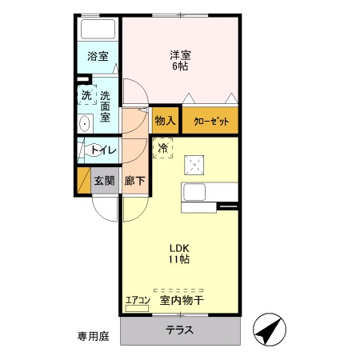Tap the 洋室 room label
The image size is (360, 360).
[x=180, y=55]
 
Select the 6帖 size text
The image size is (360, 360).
[x=180, y=66]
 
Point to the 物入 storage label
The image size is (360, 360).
[x=165, y=121]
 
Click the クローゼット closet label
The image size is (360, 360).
[x=210, y=121]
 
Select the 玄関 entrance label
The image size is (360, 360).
[x=104, y=181]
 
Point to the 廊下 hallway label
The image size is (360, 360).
[x=135, y=181]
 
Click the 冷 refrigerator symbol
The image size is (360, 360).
[x=163, y=148]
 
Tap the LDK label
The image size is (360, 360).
[x=179, y=247]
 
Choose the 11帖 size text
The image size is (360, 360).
[x=179, y=259]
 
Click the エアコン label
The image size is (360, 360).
[x=137, y=301]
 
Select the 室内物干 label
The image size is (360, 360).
[x=182, y=301]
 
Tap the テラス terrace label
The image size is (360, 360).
[x=179, y=330]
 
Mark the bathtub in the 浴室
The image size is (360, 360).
[x=99, y=30]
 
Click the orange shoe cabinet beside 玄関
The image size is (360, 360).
[x=82, y=181]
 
